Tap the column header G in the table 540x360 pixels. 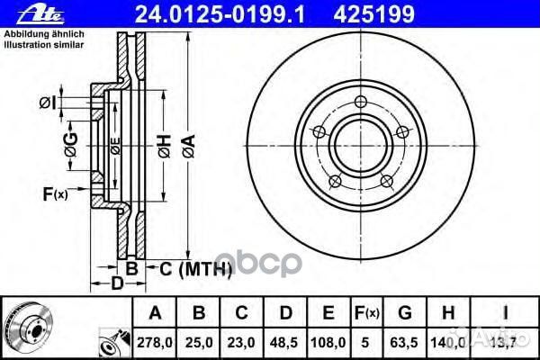[x=405, y=313]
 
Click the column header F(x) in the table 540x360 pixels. [x=367, y=313]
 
